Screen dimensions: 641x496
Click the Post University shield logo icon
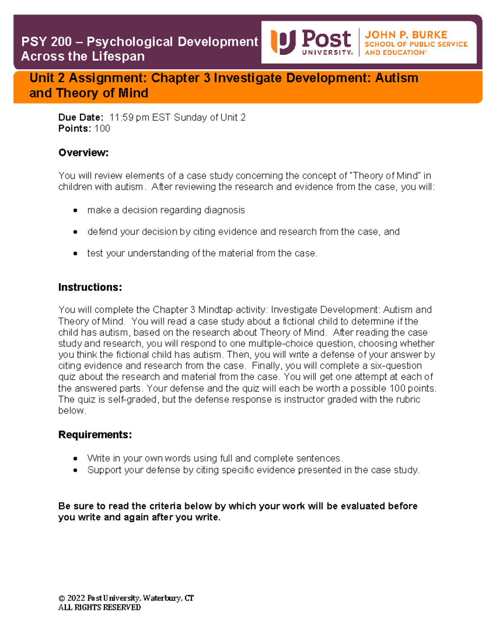283,42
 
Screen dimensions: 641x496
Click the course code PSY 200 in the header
46,42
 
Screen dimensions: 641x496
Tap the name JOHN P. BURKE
405,35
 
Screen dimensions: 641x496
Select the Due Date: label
81,118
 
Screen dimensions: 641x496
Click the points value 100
102,129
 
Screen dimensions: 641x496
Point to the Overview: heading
83,153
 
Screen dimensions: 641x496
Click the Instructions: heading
90,287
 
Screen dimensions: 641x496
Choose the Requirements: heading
95,435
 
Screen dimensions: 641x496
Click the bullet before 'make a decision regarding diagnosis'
75,211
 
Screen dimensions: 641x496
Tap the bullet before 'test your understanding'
75,253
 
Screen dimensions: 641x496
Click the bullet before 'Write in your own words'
75,459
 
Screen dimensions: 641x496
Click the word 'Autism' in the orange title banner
396,78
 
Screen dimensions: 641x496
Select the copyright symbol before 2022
62,598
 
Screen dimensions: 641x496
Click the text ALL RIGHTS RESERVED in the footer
99,608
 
